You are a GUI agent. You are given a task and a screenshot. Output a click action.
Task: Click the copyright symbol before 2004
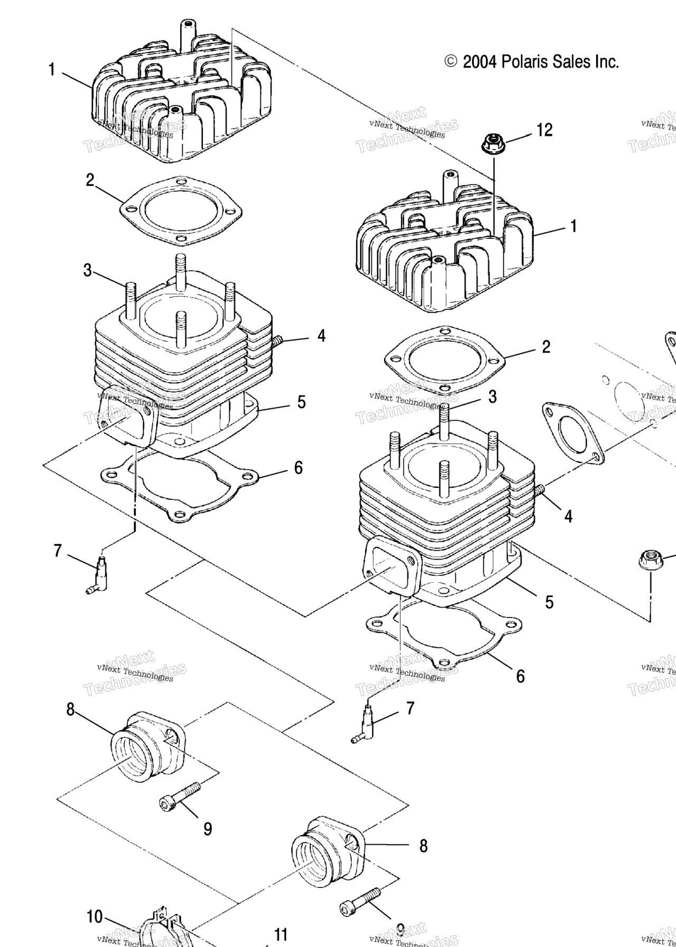[451, 62]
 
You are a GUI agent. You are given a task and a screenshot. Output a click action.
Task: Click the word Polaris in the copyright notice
[524, 62]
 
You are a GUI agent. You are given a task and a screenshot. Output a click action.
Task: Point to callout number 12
[544, 129]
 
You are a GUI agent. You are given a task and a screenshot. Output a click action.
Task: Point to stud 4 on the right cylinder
[540, 491]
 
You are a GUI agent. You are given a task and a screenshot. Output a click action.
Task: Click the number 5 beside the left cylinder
[301, 402]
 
